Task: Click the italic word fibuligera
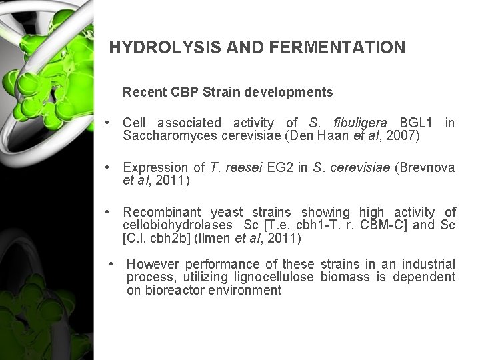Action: click(357, 123)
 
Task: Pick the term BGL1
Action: click(415, 123)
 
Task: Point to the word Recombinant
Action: click(163, 213)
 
